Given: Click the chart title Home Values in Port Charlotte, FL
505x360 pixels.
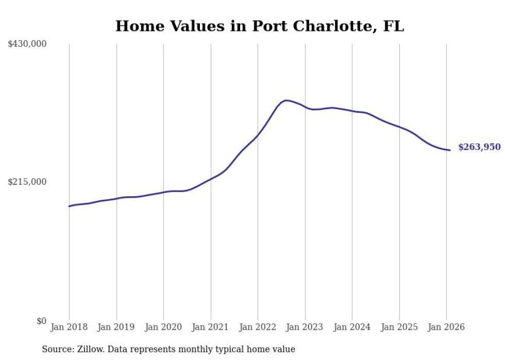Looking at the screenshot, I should (x=259, y=26).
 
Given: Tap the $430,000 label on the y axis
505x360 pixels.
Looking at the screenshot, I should (x=27, y=44).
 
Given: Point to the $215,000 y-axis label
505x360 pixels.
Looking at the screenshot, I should (x=27, y=182).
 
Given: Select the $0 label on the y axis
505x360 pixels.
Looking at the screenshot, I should (x=41, y=321).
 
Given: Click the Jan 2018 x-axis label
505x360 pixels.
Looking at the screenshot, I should (x=69, y=327).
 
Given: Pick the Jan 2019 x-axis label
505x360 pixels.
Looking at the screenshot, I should (x=116, y=327).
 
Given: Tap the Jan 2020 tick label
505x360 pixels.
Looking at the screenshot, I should (x=163, y=327).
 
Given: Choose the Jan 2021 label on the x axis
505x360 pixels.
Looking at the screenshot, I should (x=211, y=327).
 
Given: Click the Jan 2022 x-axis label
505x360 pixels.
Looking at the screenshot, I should (x=258, y=327).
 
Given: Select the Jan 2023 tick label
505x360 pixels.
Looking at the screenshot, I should (x=305, y=327).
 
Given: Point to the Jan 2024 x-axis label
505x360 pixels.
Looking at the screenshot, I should (x=352, y=327).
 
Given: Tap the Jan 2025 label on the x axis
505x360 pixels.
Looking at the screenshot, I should (x=399, y=327).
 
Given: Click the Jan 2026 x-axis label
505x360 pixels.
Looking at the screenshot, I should (x=446, y=327).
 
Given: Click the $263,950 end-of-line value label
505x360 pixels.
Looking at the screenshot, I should (x=479, y=147).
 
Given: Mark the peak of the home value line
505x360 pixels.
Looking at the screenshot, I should (x=287, y=100).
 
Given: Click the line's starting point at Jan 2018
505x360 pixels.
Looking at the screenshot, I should (x=69, y=206).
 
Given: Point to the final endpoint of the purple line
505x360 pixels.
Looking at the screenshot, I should (x=450, y=150).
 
